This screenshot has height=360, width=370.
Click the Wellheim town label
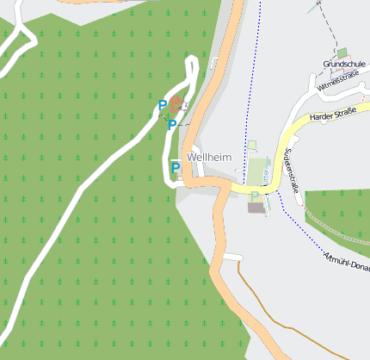pos(208,158)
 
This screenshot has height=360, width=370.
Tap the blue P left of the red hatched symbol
pos(163,105)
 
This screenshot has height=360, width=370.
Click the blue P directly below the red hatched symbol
pos(172,125)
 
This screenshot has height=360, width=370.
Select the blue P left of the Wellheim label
pos(176,167)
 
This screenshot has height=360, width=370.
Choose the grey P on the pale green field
pos(254,196)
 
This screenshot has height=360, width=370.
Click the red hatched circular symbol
pos(176,106)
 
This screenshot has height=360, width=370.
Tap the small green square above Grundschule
pos(342,53)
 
